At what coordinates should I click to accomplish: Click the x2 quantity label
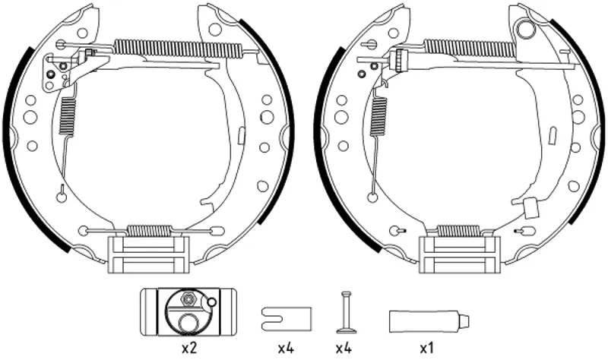pyautogui.click(x=189, y=349)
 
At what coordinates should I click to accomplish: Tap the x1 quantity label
pyautogui.click(x=426, y=349)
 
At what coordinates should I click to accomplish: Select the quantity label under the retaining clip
pyautogui.click(x=287, y=349)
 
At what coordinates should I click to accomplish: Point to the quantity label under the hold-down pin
pyautogui.click(x=344, y=349)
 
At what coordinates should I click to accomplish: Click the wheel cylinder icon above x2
pyautogui.click(x=188, y=312)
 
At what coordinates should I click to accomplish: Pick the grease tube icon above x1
pyautogui.click(x=429, y=321)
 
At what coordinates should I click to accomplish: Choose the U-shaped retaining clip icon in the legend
pyautogui.click(x=287, y=319)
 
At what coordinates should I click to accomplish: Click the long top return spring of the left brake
pyautogui.click(x=179, y=49)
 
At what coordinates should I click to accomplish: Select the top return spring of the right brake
pyautogui.click(x=470, y=49)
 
